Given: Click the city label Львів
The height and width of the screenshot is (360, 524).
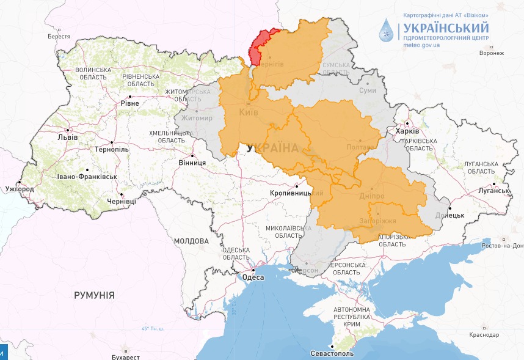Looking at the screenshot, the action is [67, 137].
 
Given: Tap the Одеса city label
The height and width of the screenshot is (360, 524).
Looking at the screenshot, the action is [253, 277].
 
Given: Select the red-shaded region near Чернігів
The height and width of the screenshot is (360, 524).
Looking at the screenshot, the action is [261, 44].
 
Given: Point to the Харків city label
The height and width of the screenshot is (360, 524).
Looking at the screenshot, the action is [407, 131].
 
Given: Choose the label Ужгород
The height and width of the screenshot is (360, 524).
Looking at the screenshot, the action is [21, 189].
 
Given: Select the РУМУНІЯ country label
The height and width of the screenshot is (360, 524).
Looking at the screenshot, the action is [94, 295].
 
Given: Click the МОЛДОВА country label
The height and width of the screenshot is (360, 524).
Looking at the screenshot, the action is [191, 241].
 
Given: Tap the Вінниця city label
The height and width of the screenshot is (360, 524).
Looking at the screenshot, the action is [192, 163].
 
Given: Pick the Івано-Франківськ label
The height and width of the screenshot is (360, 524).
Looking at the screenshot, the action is [89, 177].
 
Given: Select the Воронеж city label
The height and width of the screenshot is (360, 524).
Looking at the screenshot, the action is [492, 53].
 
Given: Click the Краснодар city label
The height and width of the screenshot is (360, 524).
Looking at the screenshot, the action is [485, 335].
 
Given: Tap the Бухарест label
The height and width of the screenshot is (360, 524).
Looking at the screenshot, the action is [126, 355].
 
